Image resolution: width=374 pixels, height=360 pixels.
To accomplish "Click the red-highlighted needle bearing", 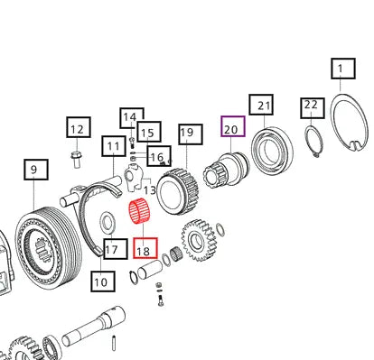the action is click(140, 211).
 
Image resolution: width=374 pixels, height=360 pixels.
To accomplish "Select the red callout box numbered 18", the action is click(145, 248).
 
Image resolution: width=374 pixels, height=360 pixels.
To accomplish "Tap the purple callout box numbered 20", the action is click(233, 126).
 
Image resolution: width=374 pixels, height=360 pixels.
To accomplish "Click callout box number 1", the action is click(343, 69).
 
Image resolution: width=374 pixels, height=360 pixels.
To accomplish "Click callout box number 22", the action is click(313, 108).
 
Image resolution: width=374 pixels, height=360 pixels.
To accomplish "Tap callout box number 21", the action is click(261, 105).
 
